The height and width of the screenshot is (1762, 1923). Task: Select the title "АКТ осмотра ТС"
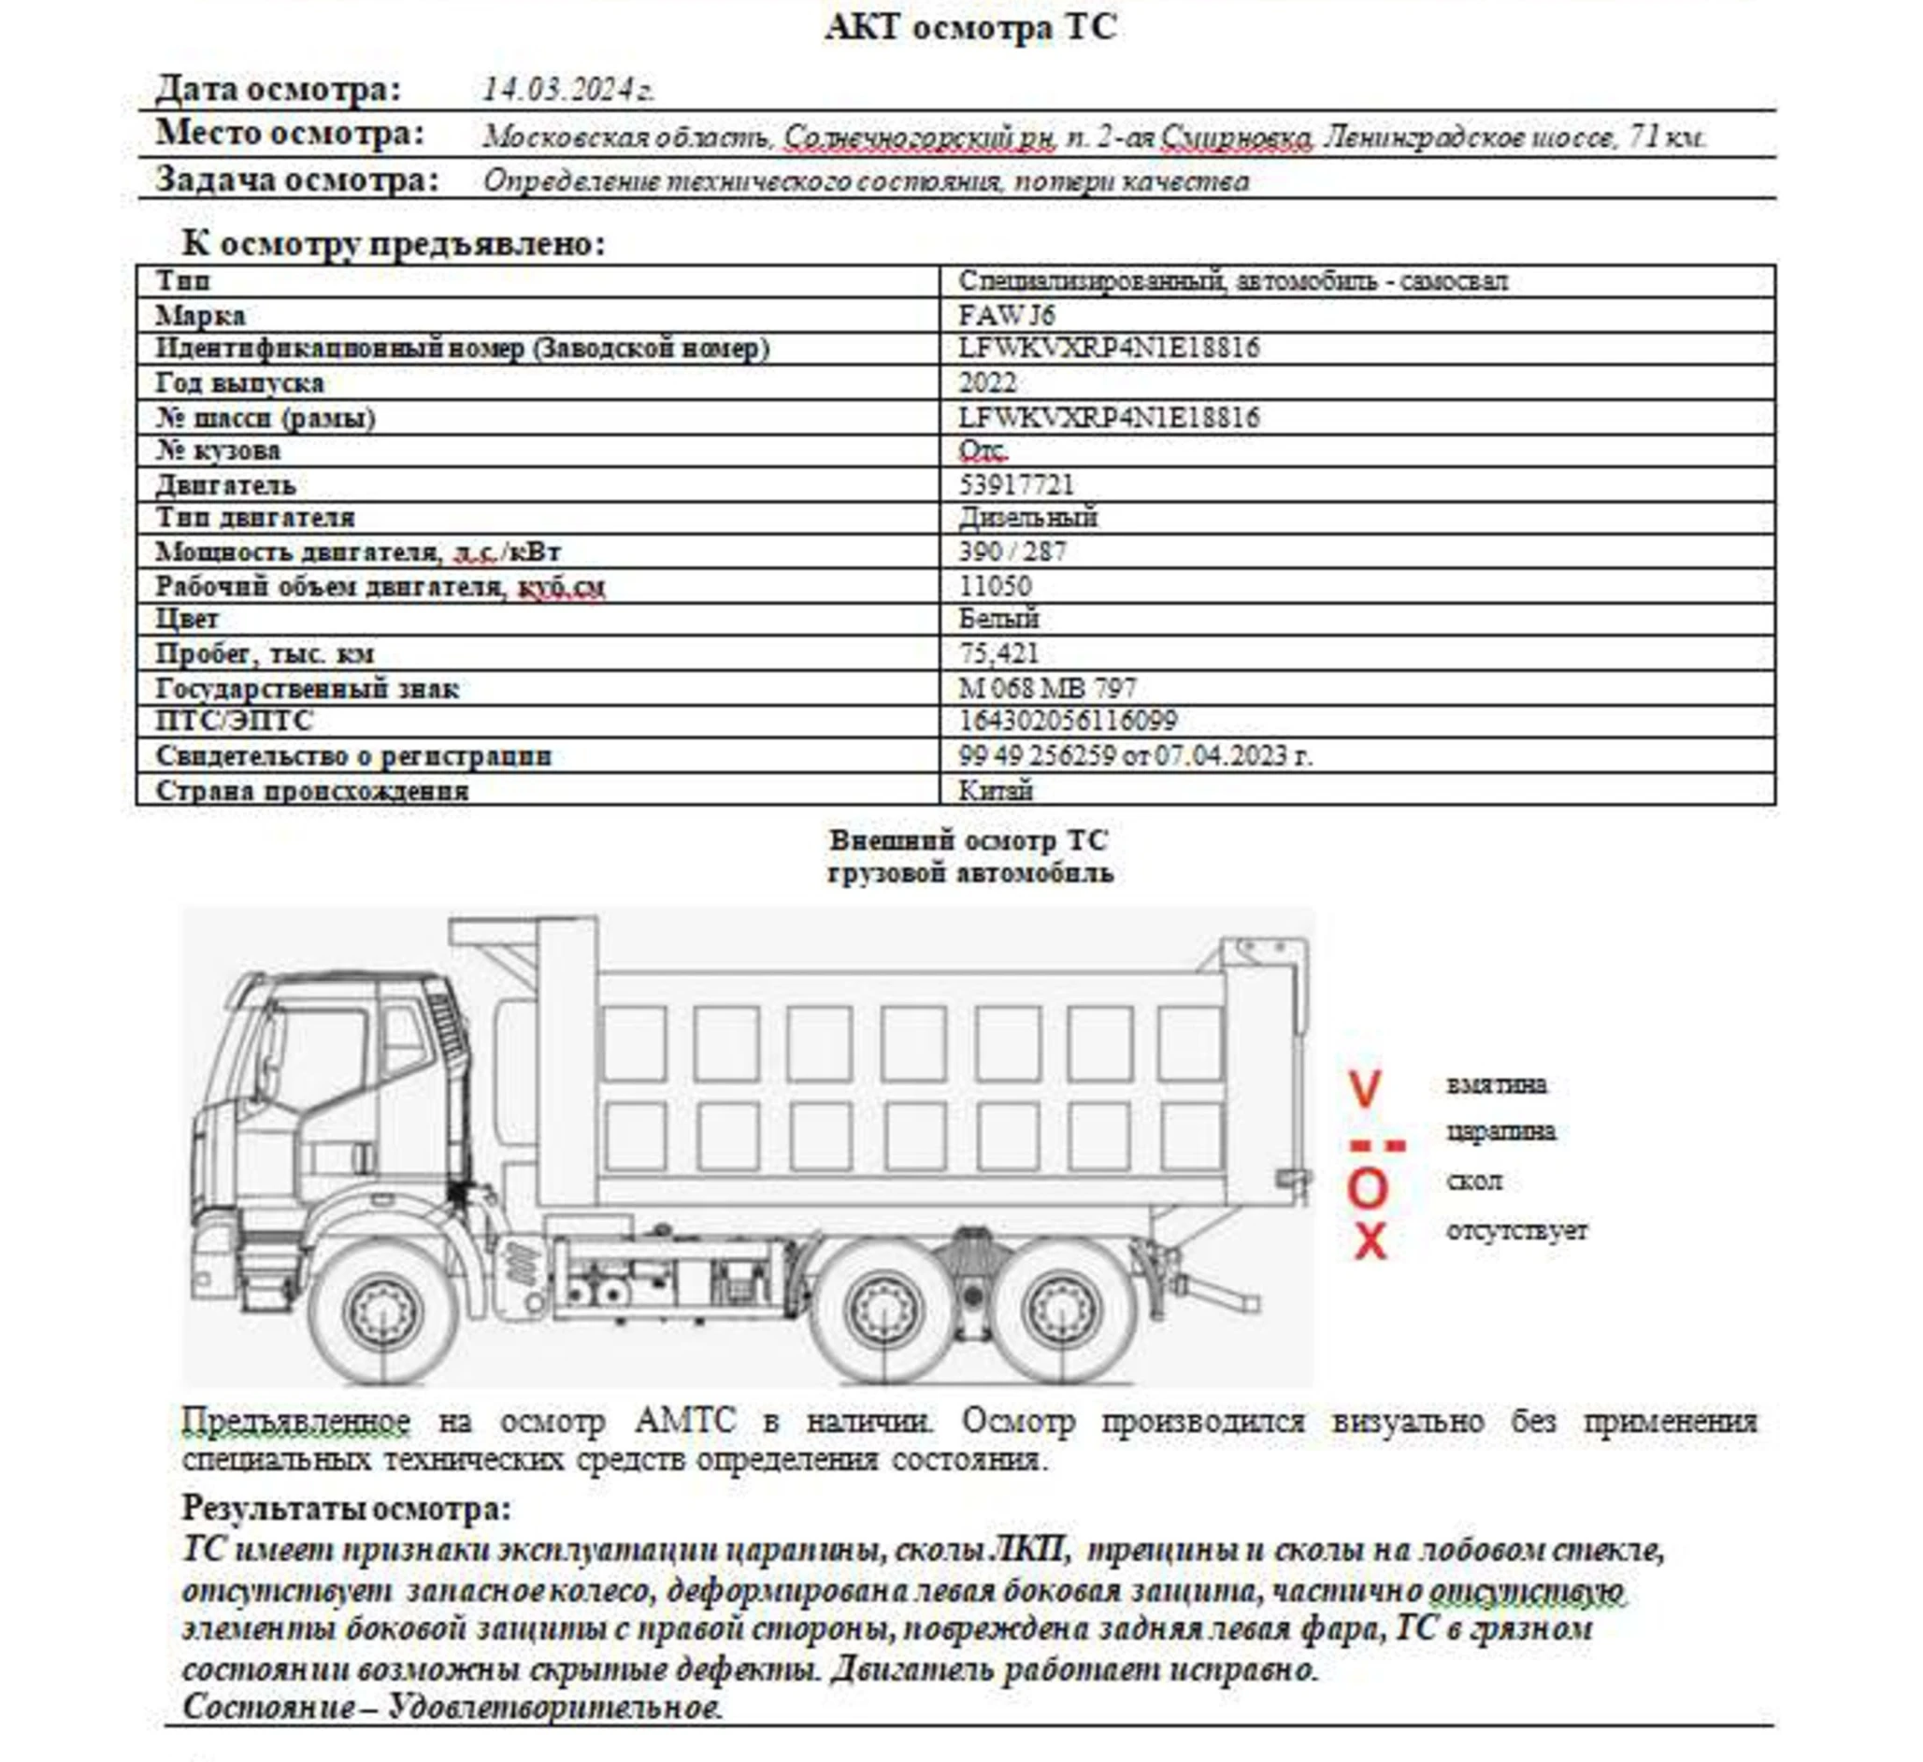pyautogui.click(x=969, y=27)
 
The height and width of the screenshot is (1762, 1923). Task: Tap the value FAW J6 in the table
pyautogui.click(x=1006, y=315)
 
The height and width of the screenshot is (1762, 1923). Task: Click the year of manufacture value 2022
pyautogui.click(x=987, y=382)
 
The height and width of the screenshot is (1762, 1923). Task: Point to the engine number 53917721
pyautogui.click(x=1016, y=484)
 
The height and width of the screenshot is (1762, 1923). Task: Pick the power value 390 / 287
pyautogui.click(x=1012, y=552)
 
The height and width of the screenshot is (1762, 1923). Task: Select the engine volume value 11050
pyautogui.click(x=995, y=586)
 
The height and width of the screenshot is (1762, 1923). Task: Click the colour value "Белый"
pyautogui.click(x=997, y=619)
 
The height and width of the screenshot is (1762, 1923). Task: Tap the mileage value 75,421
pyautogui.click(x=997, y=653)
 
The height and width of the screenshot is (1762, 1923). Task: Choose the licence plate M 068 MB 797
pyautogui.click(x=1046, y=688)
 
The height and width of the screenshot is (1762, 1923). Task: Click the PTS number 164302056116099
pyautogui.click(x=1068, y=721)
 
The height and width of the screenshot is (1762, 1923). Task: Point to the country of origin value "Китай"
pyautogui.click(x=995, y=790)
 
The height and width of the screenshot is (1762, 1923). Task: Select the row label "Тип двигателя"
pyautogui.click(x=254, y=517)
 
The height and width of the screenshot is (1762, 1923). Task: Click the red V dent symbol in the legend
pyautogui.click(x=1365, y=1089)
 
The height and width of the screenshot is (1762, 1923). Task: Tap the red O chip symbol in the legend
pyautogui.click(x=1367, y=1189)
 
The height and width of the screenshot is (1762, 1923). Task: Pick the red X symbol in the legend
pyautogui.click(x=1370, y=1241)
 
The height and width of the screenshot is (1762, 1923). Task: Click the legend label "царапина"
pyautogui.click(x=1500, y=1131)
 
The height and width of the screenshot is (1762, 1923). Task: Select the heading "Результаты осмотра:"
pyautogui.click(x=346, y=1508)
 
